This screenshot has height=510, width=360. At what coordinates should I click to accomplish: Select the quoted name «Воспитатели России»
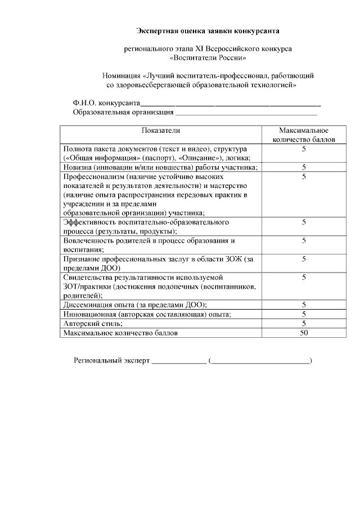tap(208, 57)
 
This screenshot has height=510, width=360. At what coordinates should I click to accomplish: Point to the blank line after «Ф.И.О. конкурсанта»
tap(231, 104)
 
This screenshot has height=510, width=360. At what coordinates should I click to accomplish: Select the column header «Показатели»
tap(161, 130)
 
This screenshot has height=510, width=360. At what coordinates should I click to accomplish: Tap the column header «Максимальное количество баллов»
tap(303, 134)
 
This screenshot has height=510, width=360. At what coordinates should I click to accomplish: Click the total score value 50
tap(304, 333)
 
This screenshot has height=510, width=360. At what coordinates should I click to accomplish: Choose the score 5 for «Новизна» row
tap(304, 167)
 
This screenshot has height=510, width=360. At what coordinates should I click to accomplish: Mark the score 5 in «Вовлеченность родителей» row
tap(304, 240)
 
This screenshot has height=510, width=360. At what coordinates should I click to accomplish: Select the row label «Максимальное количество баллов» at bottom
tap(120, 333)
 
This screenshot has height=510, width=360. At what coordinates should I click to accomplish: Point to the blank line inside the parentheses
tap(260, 361)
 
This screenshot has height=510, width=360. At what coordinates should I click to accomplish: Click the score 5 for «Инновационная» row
tap(304, 314)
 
